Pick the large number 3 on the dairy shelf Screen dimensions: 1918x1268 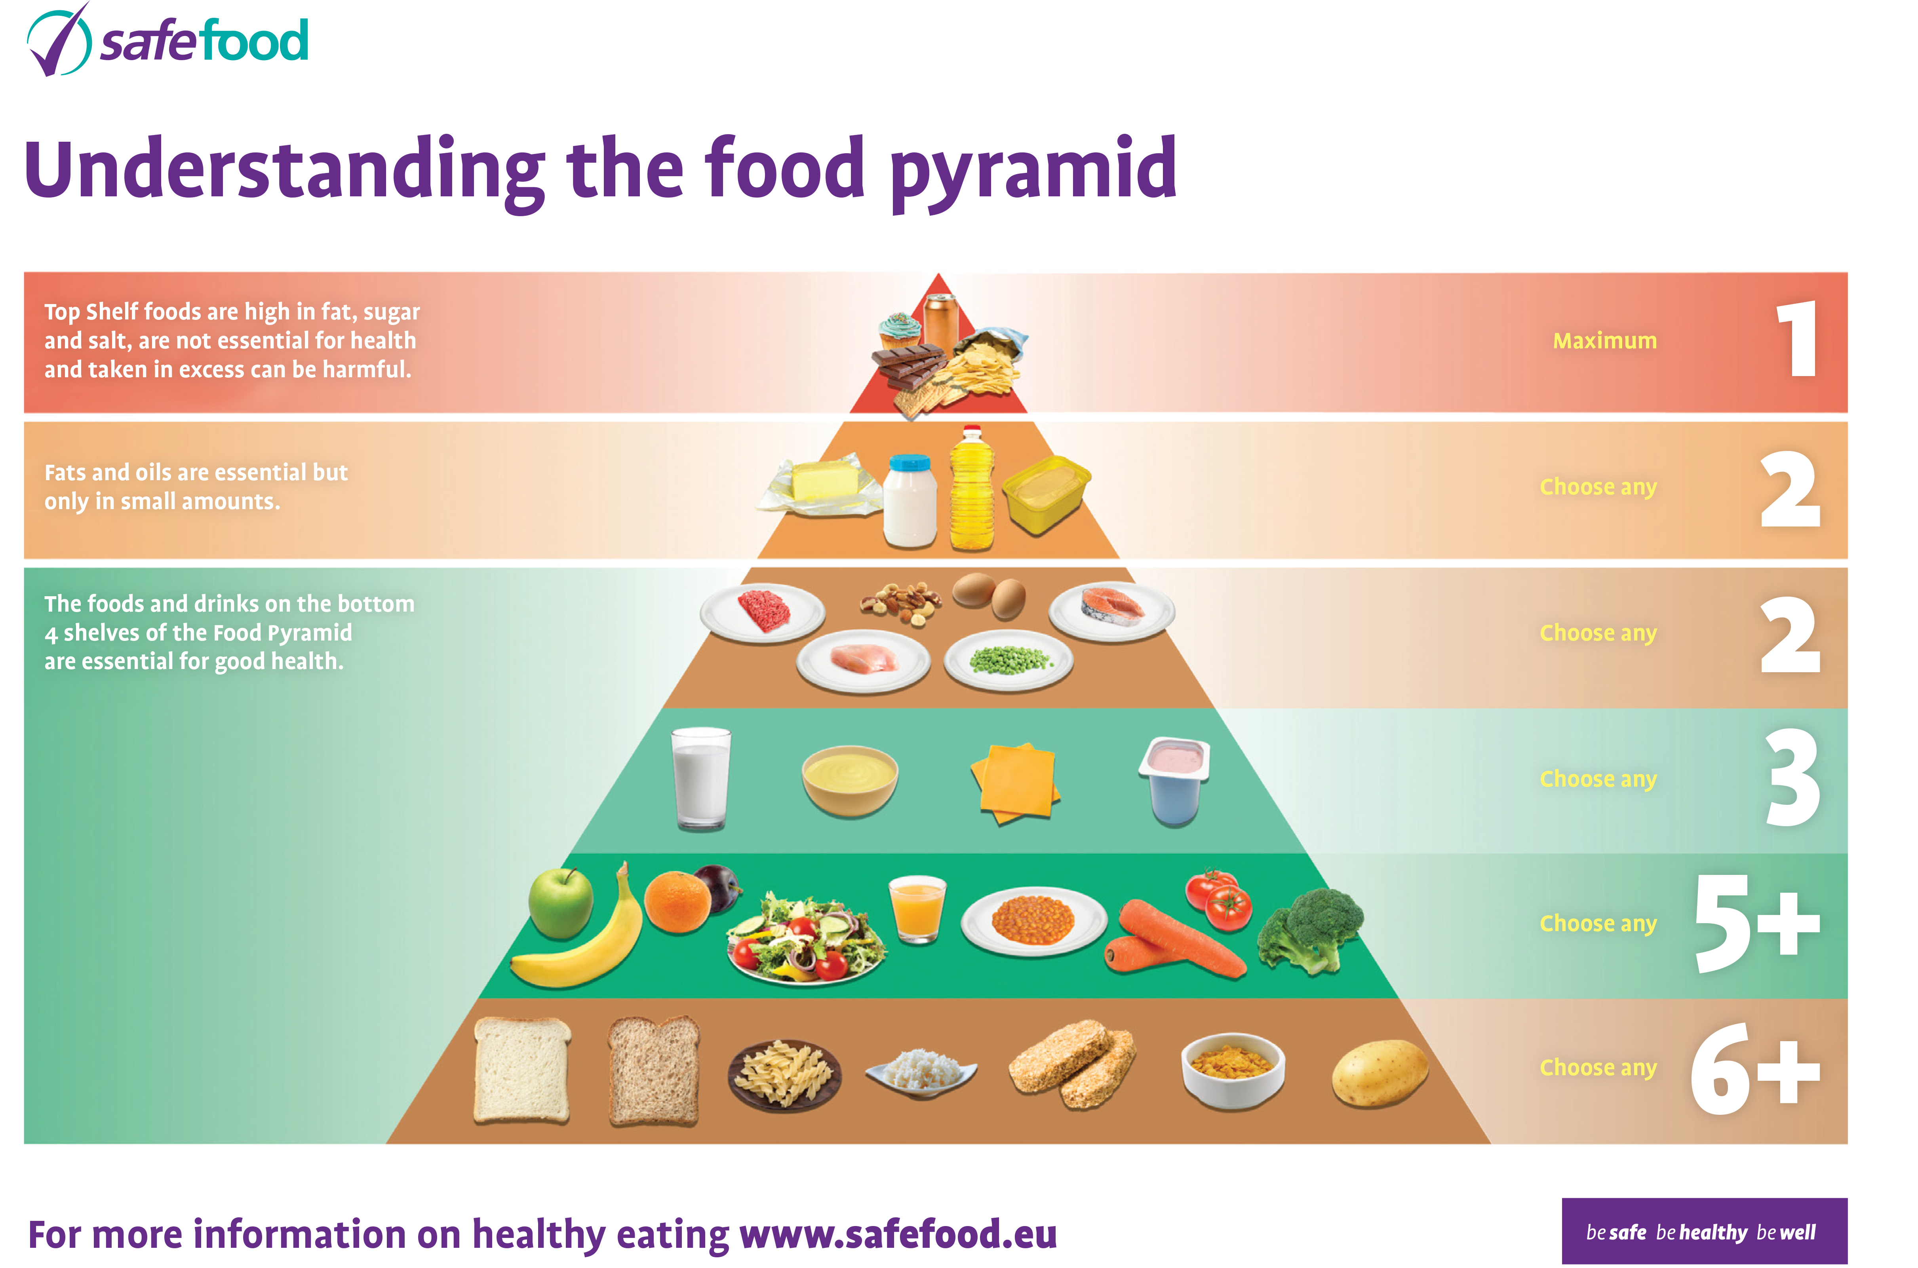[x=1792, y=778]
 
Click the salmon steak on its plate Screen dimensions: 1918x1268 [x=1112, y=610]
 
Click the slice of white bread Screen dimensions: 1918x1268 [x=521, y=1070]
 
